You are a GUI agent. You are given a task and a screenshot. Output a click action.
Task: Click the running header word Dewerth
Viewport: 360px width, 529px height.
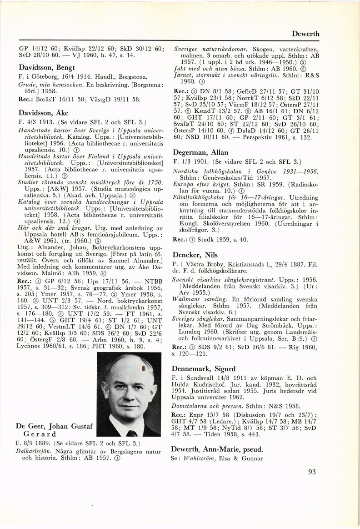(320, 34)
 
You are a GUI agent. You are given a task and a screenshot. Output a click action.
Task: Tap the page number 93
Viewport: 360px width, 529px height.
(311, 471)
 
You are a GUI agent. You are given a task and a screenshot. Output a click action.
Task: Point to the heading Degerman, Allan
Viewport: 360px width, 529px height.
(200, 152)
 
